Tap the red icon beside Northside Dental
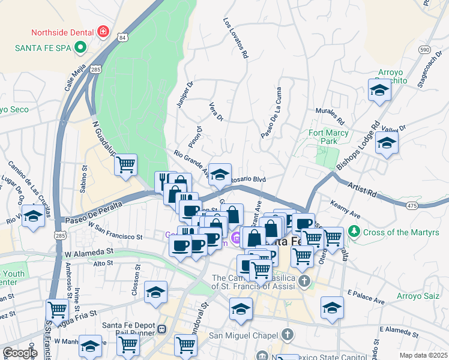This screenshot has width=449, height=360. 103,31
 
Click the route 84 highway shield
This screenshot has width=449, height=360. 122,38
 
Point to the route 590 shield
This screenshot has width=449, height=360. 424,50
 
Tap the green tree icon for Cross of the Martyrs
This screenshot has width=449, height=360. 355,231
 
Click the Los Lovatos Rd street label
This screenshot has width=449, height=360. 235,37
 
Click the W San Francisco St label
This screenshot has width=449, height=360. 115,231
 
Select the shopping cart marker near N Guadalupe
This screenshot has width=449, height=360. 125,164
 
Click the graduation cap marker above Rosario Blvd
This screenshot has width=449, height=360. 220,174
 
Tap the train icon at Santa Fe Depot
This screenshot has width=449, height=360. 161,329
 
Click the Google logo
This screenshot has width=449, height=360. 20,353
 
